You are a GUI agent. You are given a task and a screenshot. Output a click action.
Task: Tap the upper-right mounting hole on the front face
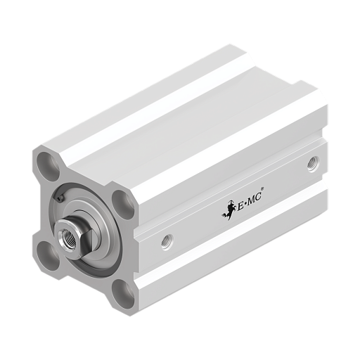pos(123,205)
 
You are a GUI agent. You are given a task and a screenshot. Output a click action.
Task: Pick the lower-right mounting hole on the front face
pos(123,294)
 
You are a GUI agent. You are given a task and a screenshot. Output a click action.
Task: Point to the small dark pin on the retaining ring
pos(60,198)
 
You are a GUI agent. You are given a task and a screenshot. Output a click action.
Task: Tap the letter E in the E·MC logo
pos(240,206)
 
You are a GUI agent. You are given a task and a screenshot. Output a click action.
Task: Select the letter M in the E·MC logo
pos(251,201)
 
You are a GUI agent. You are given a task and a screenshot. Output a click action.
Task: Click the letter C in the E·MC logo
pos(258,198)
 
